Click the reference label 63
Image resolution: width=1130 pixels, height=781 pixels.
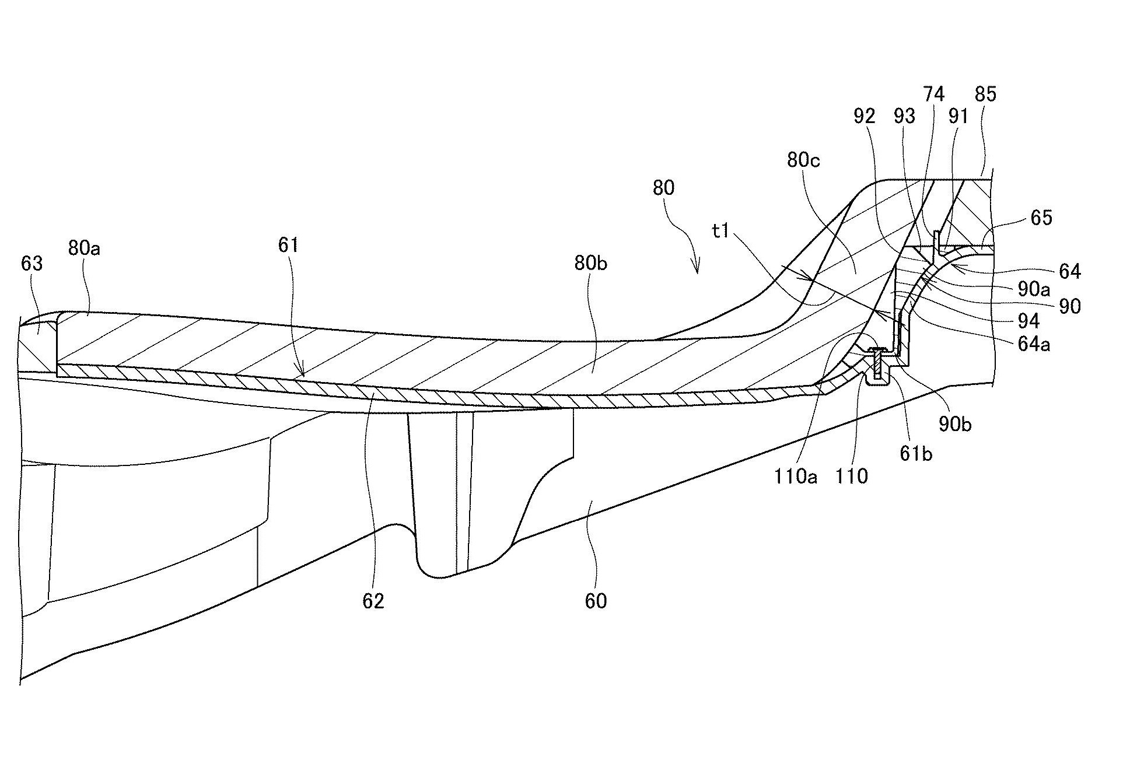(32, 264)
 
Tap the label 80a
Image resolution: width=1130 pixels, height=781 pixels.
(84, 248)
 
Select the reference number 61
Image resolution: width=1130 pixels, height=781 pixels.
(288, 245)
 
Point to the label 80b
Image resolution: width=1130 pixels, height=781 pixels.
(590, 264)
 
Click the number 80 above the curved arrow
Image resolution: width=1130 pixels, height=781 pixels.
(664, 188)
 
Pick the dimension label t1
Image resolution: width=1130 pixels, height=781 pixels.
(721, 231)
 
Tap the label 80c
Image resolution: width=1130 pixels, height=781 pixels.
(803, 160)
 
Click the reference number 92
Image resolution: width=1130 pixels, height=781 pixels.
(865, 117)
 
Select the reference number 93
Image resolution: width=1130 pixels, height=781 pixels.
(905, 117)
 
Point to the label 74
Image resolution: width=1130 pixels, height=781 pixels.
(933, 94)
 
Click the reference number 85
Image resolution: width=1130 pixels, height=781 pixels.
(985, 94)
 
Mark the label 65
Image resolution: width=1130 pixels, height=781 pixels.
(1041, 218)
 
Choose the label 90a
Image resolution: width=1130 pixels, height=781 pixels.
(1033, 289)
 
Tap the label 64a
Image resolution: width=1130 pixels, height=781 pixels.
(1033, 344)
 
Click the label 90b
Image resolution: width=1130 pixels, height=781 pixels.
(955, 425)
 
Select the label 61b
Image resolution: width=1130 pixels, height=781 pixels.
(915, 453)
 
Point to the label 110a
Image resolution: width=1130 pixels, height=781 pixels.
(796, 477)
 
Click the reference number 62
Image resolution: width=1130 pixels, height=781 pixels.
(373, 601)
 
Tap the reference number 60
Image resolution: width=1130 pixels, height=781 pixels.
(596, 601)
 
